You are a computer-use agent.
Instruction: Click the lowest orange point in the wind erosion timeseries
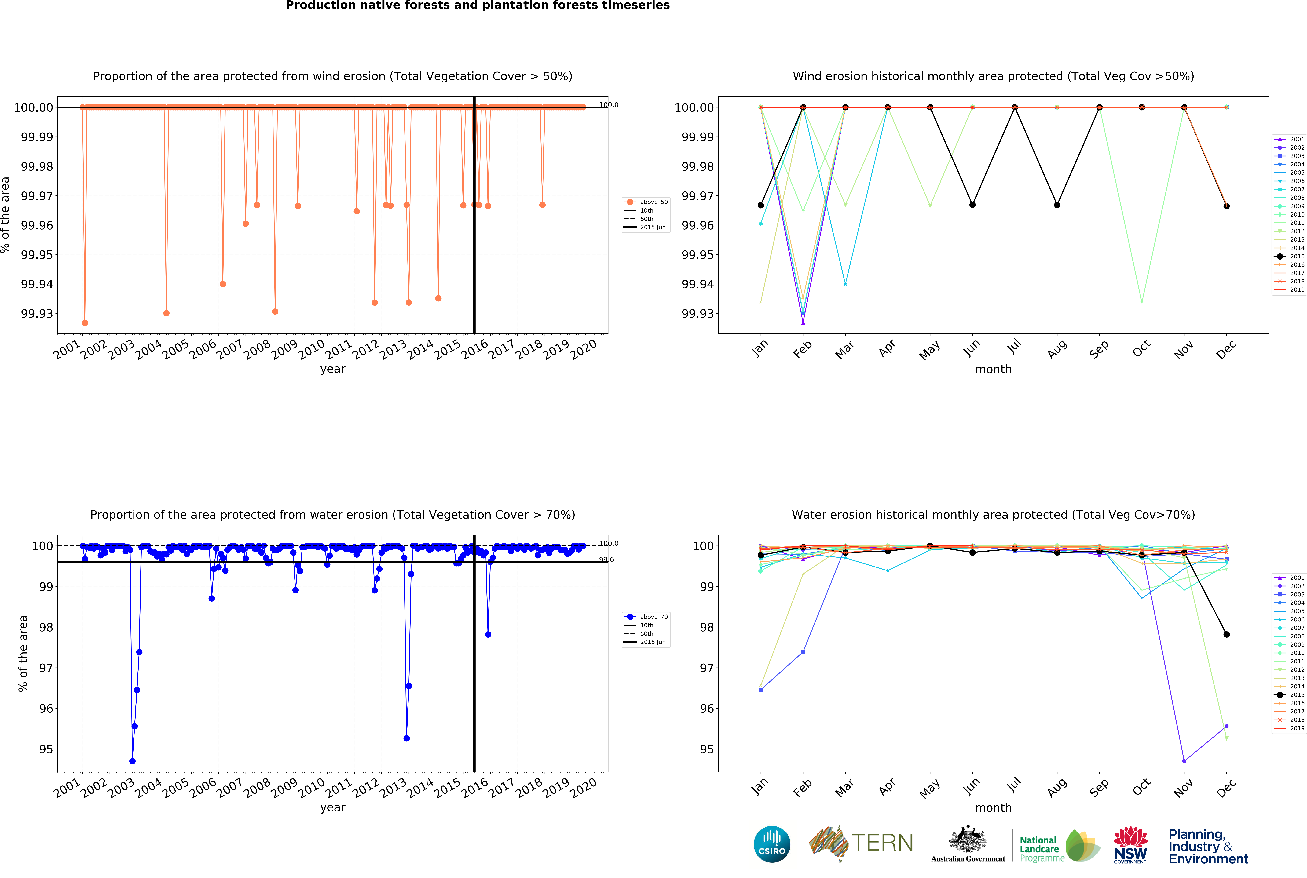85,322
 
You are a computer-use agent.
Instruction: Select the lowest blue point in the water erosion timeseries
132,761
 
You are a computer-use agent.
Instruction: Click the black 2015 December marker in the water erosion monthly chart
1226,634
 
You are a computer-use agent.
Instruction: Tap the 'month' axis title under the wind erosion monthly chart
993,369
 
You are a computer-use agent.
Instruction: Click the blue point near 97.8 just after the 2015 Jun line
488,634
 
